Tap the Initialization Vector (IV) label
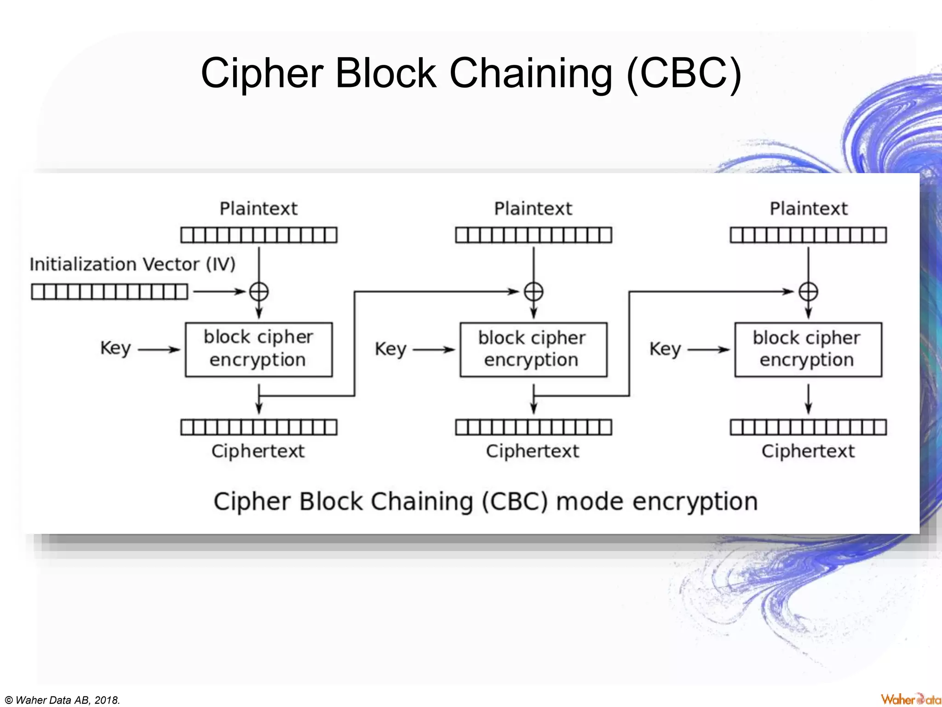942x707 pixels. (x=132, y=264)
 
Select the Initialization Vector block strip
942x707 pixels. (x=109, y=292)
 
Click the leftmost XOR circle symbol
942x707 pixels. (x=259, y=292)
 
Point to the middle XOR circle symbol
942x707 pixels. (x=534, y=292)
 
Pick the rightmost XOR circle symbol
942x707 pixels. (x=808, y=292)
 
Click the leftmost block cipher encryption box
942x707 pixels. (x=258, y=349)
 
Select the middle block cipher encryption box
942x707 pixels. (x=533, y=349)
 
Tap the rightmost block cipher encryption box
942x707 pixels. (x=808, y=349)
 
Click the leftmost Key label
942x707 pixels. (x=115, y=348)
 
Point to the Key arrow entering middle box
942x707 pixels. (x=433, y=350)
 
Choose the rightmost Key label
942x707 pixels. (x=665, y=349)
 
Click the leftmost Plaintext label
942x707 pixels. (x=258, y=209)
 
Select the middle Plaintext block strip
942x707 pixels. (x=534, y=235)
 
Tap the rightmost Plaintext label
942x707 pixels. (x=808, y=209)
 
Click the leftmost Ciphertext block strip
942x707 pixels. (x=258, y=427)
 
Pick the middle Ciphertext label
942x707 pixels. (x=533, y=451)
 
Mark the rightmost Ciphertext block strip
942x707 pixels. (x=808, y=427)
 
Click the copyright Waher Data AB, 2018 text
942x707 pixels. (x=62, y=700)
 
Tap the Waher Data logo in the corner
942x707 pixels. (x=911, y=699)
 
